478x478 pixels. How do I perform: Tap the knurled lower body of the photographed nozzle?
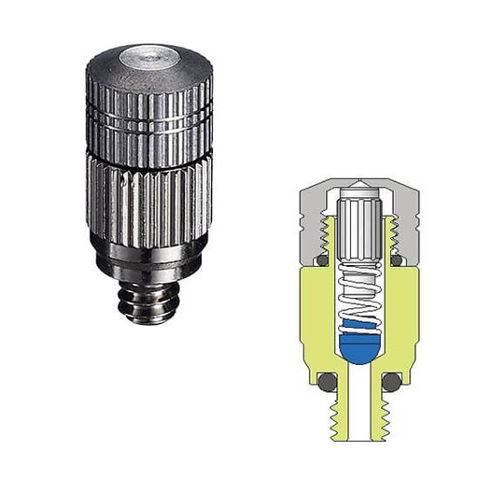coord(149,196)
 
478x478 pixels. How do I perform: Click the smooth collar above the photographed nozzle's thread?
coord(149,257)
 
